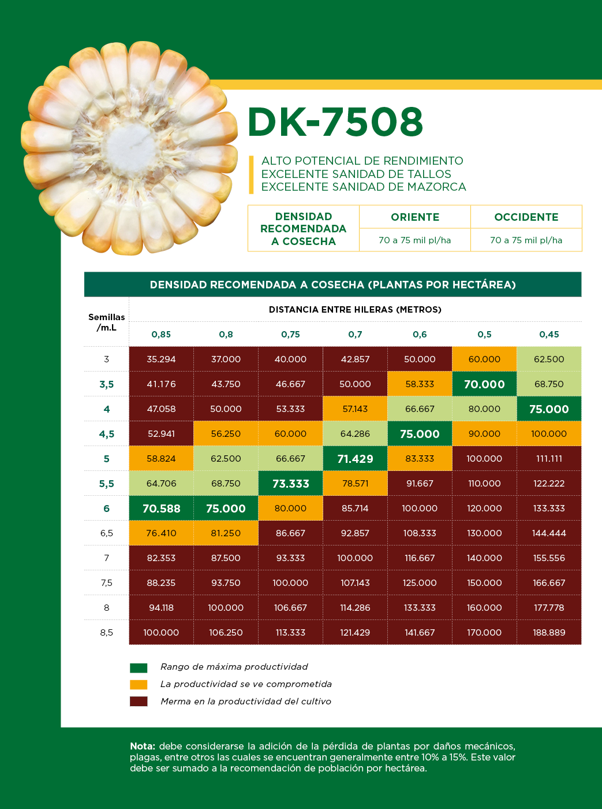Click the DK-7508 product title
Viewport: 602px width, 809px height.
point(335,122)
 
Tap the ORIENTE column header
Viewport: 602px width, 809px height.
point(415,217)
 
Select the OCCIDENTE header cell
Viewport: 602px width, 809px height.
point(526,217)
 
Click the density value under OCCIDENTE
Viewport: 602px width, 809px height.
point(526,240)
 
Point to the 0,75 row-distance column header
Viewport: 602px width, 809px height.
point(290,335)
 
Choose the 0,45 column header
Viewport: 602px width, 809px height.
point(549,335)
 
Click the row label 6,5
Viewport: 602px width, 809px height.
point(107,533)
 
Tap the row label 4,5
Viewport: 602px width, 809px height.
point(107,434)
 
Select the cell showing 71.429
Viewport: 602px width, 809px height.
point(355,459)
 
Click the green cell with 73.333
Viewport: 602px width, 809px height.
point(290,484)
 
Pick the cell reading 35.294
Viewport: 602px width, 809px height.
point(161,359)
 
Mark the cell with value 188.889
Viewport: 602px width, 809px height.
point(549,633)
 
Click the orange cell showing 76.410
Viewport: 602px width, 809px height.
point(161,533)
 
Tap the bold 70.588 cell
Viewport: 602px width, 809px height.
point(161,509)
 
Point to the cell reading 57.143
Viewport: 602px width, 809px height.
point(355,409)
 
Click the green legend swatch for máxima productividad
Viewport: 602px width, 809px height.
point(139,668)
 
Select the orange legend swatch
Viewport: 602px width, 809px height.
point(139,685)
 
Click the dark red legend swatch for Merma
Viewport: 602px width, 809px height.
point(139,702)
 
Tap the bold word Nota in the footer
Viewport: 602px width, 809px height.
point(142,746)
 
